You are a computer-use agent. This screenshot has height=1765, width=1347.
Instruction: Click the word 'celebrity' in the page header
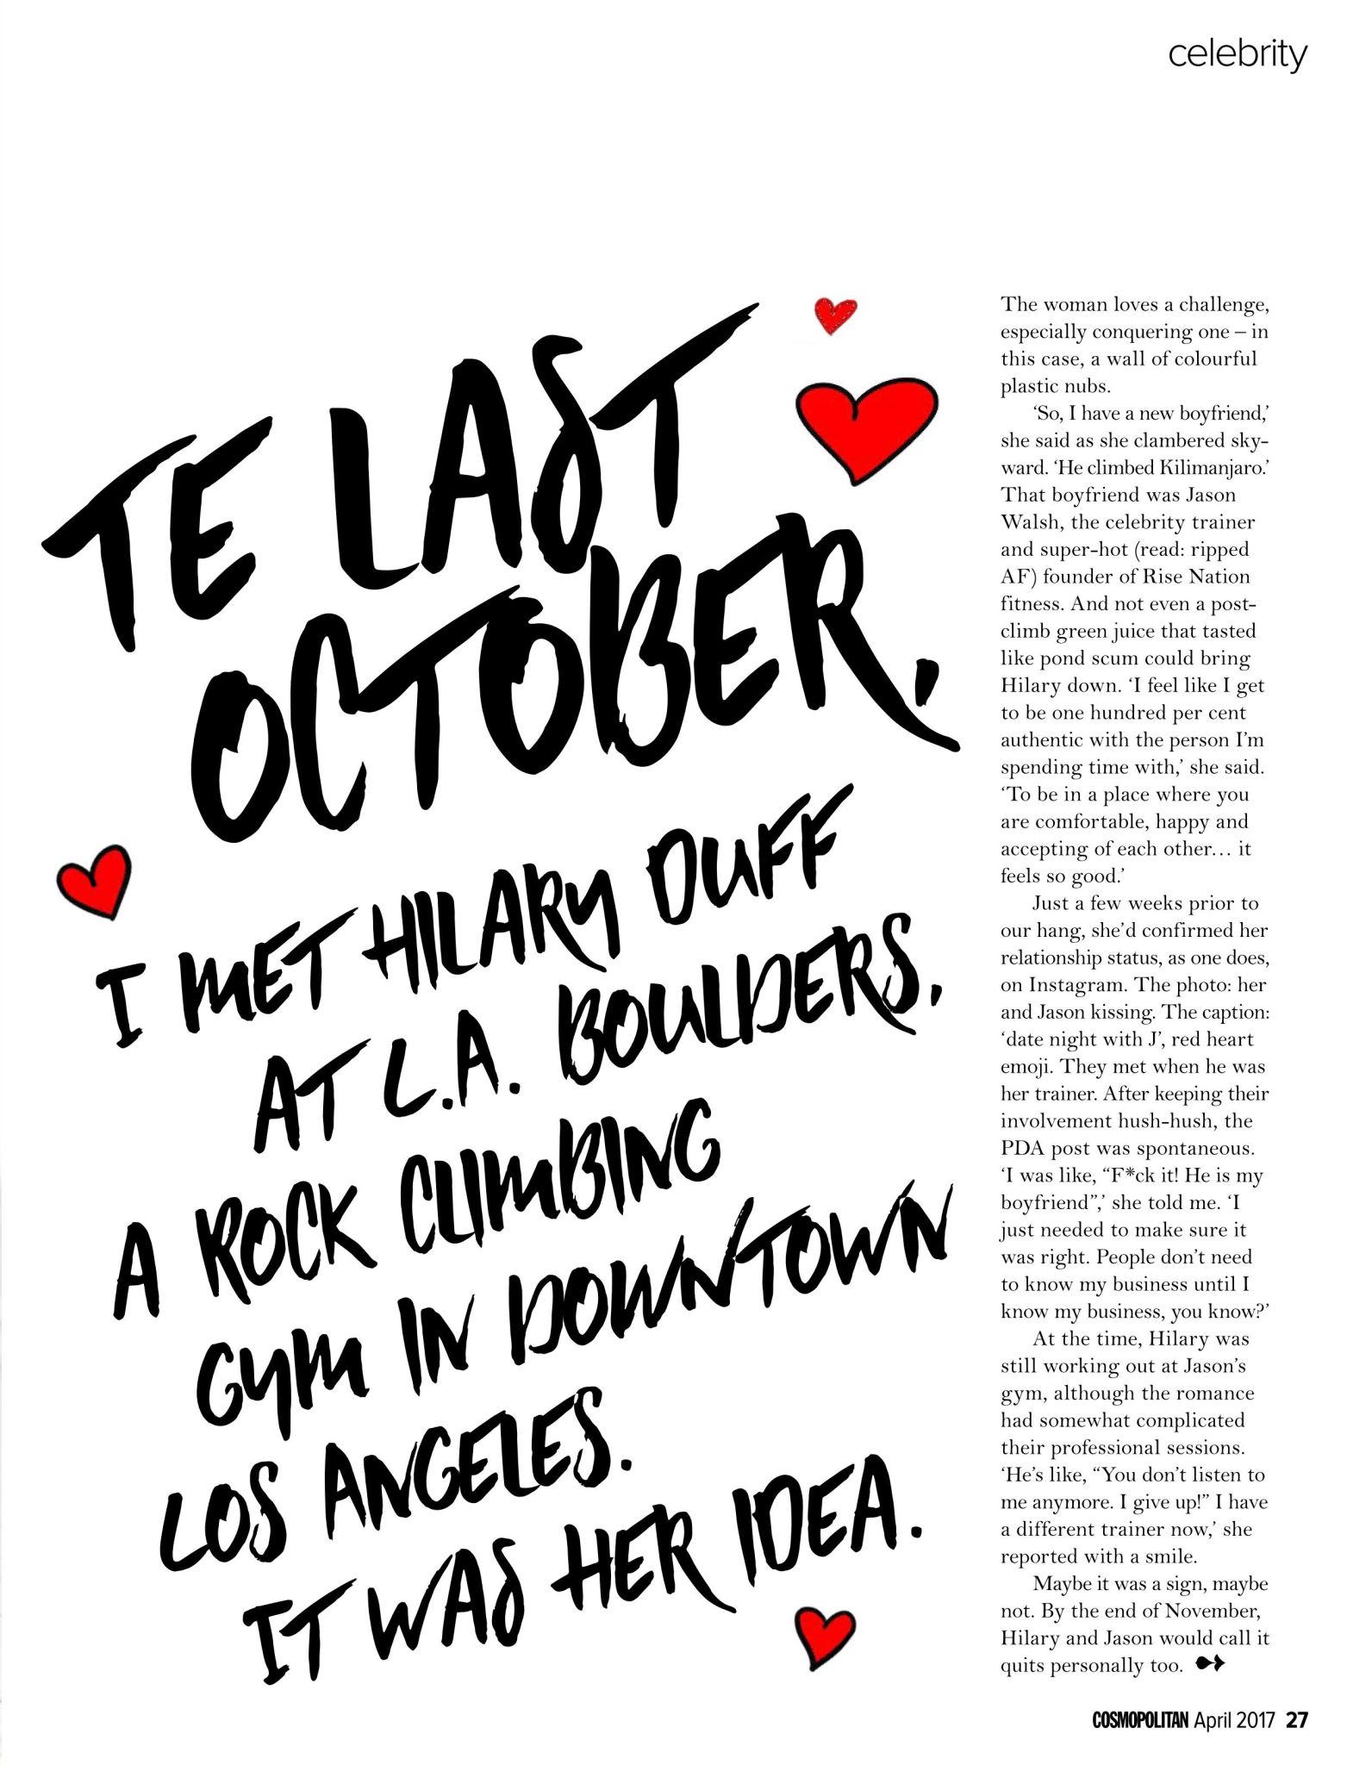pos(1237,55)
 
